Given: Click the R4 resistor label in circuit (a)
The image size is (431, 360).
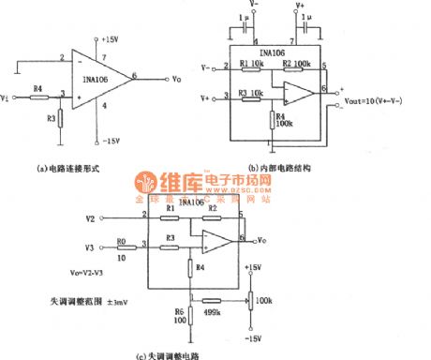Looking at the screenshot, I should pyautogui.click(x=37, y=87).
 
